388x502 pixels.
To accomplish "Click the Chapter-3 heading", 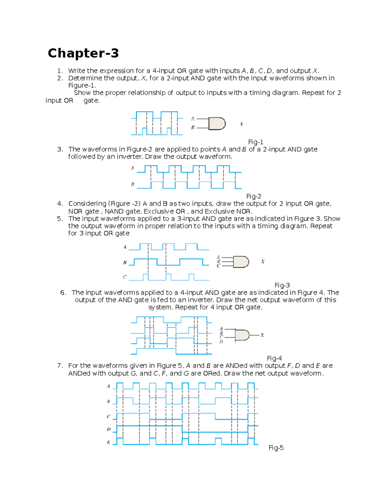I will pos(83,53).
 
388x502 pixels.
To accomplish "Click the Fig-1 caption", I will pos(255,142).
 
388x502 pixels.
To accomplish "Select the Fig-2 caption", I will pos(253,196).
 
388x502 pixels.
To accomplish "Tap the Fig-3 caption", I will pos(282,285).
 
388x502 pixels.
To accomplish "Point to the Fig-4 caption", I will pos(274,358).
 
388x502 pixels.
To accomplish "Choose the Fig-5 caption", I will pos(276,448).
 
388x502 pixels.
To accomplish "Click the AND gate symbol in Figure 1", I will pos(217,123).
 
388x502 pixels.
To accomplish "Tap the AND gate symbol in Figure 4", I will pos(242,335).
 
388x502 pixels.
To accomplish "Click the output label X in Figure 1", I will pos(241,124).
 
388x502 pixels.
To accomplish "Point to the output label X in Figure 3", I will pos(263,262).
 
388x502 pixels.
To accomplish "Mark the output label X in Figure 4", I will pos(262,335).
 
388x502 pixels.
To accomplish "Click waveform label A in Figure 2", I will pos(132,168).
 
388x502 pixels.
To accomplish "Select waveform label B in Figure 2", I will pos(132,185).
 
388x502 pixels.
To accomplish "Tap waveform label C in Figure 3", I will pos(124,277).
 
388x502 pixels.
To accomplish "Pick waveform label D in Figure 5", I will pos(109,429).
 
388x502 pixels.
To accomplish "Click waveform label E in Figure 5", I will pos(109,442).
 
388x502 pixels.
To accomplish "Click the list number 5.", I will pos(60,219).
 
